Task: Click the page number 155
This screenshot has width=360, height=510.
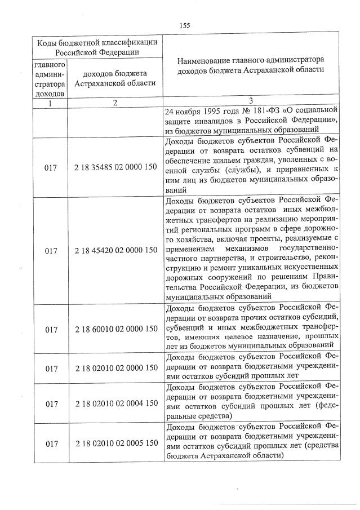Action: (185, 25)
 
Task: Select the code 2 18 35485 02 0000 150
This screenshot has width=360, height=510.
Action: (115, 167)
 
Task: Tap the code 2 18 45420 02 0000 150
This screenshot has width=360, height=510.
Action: (115, 250)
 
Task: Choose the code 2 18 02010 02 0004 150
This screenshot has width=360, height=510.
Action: (115, 403)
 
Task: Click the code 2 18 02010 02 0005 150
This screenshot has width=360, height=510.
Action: (115, 443)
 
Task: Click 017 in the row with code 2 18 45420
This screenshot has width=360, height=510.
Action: (52, 250)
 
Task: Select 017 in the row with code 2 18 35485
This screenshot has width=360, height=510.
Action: (52, 167)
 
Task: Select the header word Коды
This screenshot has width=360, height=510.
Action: (48, 43)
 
